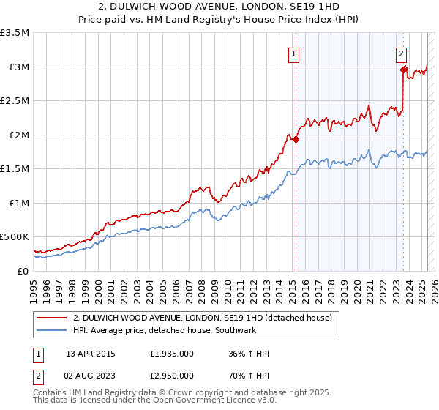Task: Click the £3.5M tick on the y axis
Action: [15, 33]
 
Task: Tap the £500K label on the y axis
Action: [15, 237]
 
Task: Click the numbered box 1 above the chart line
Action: [293, 53]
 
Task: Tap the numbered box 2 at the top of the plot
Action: [402, 53]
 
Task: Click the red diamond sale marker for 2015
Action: [296, 139]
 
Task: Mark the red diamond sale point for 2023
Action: [403, 70]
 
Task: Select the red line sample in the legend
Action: [51, 318]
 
